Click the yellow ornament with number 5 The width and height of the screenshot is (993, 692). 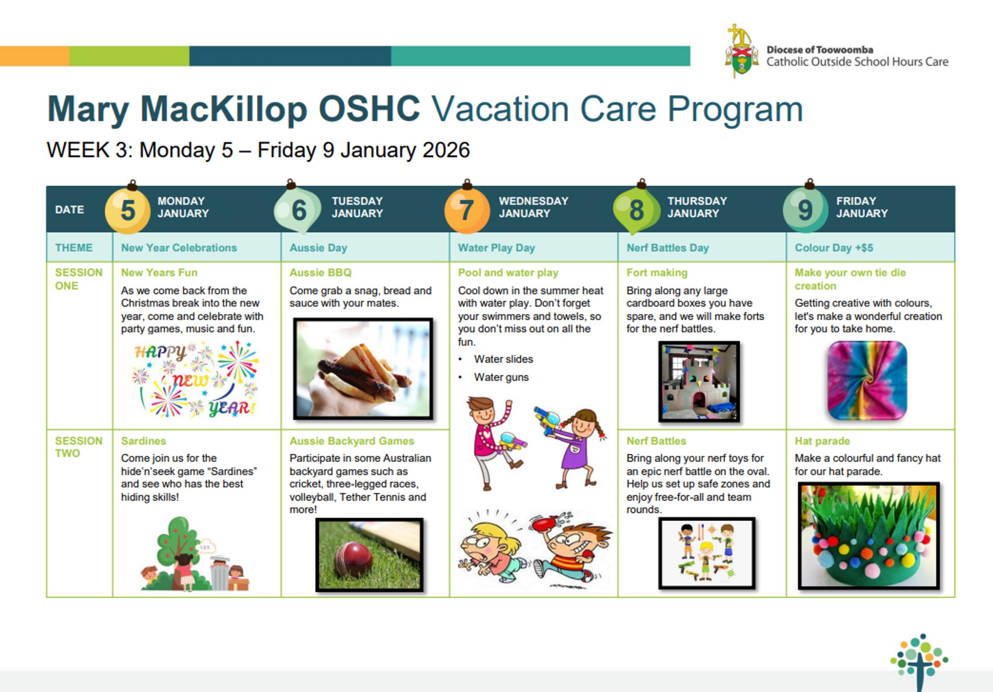coord(128,210)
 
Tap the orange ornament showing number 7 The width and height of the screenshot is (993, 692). coord(467,210)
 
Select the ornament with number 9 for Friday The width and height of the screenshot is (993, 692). coord(805,210)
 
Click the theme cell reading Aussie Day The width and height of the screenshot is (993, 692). coord(318,248)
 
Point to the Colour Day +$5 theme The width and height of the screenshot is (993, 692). coord(834,248)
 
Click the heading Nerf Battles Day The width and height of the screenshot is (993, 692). coord(668,248)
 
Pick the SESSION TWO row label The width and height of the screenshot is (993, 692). coord(79,447)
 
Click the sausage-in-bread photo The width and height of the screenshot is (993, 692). coord(363,369)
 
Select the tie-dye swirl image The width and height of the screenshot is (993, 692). coord(867,380)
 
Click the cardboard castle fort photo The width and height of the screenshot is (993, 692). coord(699,381)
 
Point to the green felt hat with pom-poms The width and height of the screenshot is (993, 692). coord(868,536)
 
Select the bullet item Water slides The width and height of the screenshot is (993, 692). coord(503,359)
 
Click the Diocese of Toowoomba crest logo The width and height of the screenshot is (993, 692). coord(741,51)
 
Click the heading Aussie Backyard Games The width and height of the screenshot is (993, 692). coord(352,441)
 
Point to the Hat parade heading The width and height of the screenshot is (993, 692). coord(822,441)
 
